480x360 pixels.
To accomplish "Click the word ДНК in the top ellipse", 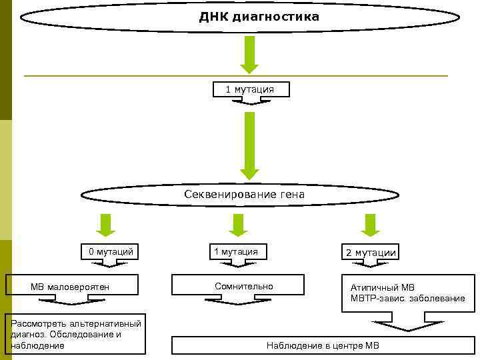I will (x=213, y=16).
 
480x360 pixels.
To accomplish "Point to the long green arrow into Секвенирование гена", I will (x=249, y=145).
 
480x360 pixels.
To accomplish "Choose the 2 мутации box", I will (x=370, y=253).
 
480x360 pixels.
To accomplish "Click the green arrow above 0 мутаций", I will (x=105, y=225).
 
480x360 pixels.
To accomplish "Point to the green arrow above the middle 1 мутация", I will (x=235, y=225).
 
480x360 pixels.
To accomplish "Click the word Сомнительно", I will (x=243, y=286).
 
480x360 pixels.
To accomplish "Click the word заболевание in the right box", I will (x=438, y=298).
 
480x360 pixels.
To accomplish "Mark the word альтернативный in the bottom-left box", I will (x=109, y=323).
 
